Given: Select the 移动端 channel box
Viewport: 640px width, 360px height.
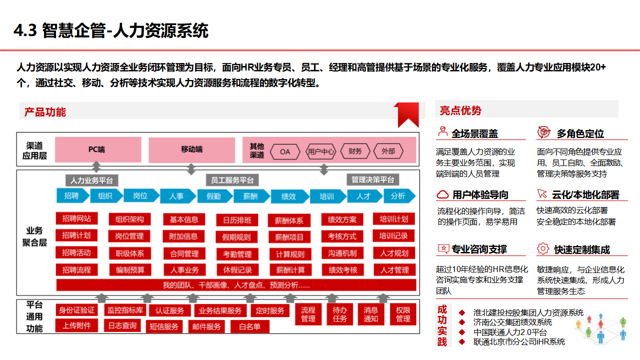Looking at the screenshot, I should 191,149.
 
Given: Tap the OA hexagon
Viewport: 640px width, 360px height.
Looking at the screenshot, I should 285,151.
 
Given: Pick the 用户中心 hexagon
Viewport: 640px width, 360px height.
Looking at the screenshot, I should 320,151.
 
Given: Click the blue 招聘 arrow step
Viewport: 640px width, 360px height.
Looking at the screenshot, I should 71,196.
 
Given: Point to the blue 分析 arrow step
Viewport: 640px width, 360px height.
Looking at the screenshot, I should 398,196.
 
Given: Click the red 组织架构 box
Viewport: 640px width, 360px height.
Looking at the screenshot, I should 130,219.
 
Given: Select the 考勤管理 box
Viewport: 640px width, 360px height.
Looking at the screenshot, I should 237,254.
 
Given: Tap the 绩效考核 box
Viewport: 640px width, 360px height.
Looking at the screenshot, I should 342,270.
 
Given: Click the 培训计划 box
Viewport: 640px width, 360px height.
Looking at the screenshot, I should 394,219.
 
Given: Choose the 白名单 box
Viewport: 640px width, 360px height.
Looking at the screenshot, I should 249,327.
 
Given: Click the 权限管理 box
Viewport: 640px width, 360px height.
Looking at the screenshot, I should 403,314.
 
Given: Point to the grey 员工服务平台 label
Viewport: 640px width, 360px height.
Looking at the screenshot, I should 232,180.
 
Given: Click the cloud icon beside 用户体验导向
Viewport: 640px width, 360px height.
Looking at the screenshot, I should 442,194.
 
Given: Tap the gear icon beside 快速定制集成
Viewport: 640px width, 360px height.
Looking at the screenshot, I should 543,248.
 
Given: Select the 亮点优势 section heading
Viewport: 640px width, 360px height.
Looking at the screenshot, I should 460,110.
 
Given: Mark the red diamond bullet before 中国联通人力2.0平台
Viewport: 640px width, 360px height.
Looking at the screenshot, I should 462,332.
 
